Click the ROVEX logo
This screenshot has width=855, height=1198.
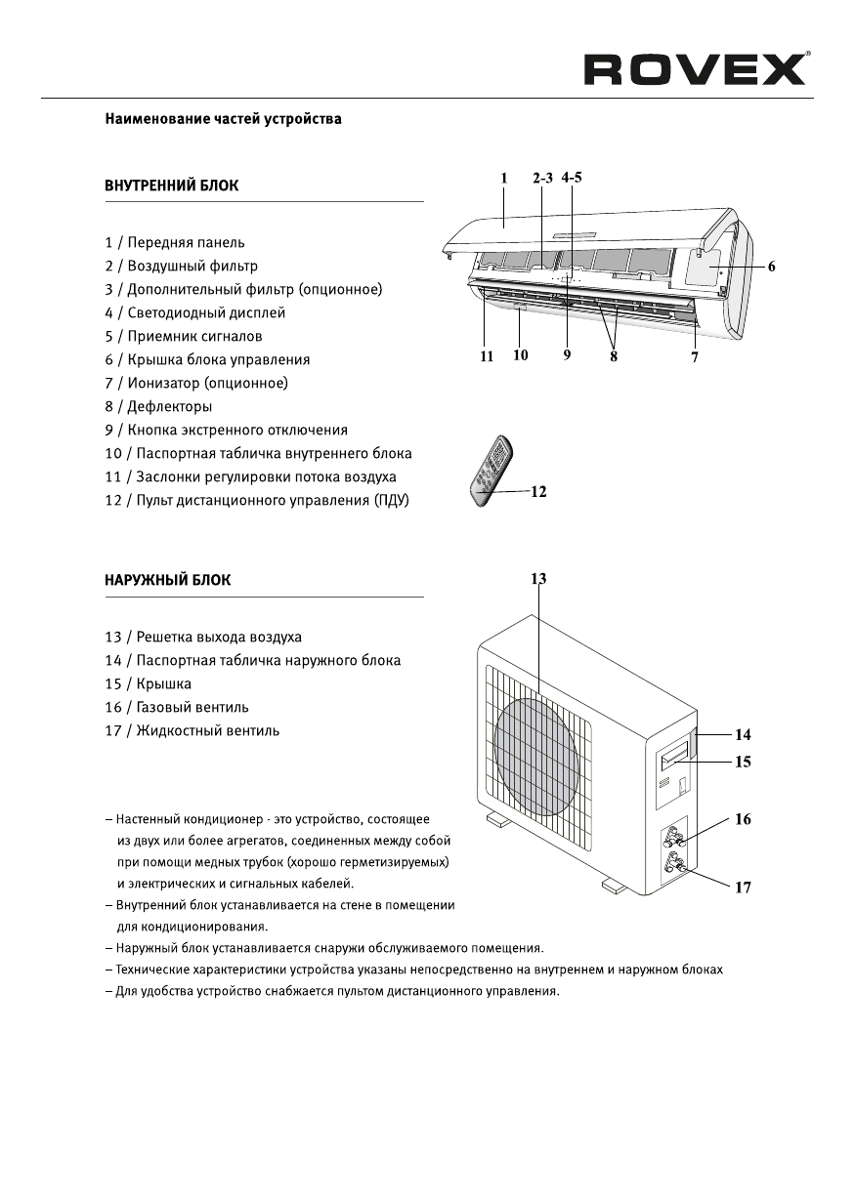pos(696,70)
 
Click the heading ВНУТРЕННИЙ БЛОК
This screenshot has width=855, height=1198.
pos(171,186)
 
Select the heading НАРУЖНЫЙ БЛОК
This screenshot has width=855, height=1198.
pos(167,580)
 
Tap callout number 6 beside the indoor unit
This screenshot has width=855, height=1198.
pos(771,267)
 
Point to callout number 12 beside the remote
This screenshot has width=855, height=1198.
pos(537,492)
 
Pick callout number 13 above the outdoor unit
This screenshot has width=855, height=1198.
pos(538,579)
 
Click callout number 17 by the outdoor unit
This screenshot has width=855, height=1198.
pos(743,888)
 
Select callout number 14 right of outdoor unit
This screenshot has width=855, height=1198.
pos(743,733)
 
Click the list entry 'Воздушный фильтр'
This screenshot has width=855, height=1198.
pos(182,266)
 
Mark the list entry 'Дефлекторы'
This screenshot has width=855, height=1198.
pos(158,406)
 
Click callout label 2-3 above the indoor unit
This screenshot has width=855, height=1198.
pos(542,179)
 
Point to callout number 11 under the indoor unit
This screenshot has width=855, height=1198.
pos(486,356)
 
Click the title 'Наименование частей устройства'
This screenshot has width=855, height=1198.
pos(223,120)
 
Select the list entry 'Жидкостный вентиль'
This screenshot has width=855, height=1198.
pos(192,730)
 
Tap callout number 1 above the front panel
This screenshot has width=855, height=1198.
pos(504,179)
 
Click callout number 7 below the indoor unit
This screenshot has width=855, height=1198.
pos(695,357)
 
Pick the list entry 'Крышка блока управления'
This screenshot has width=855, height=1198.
pos(207,359)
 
